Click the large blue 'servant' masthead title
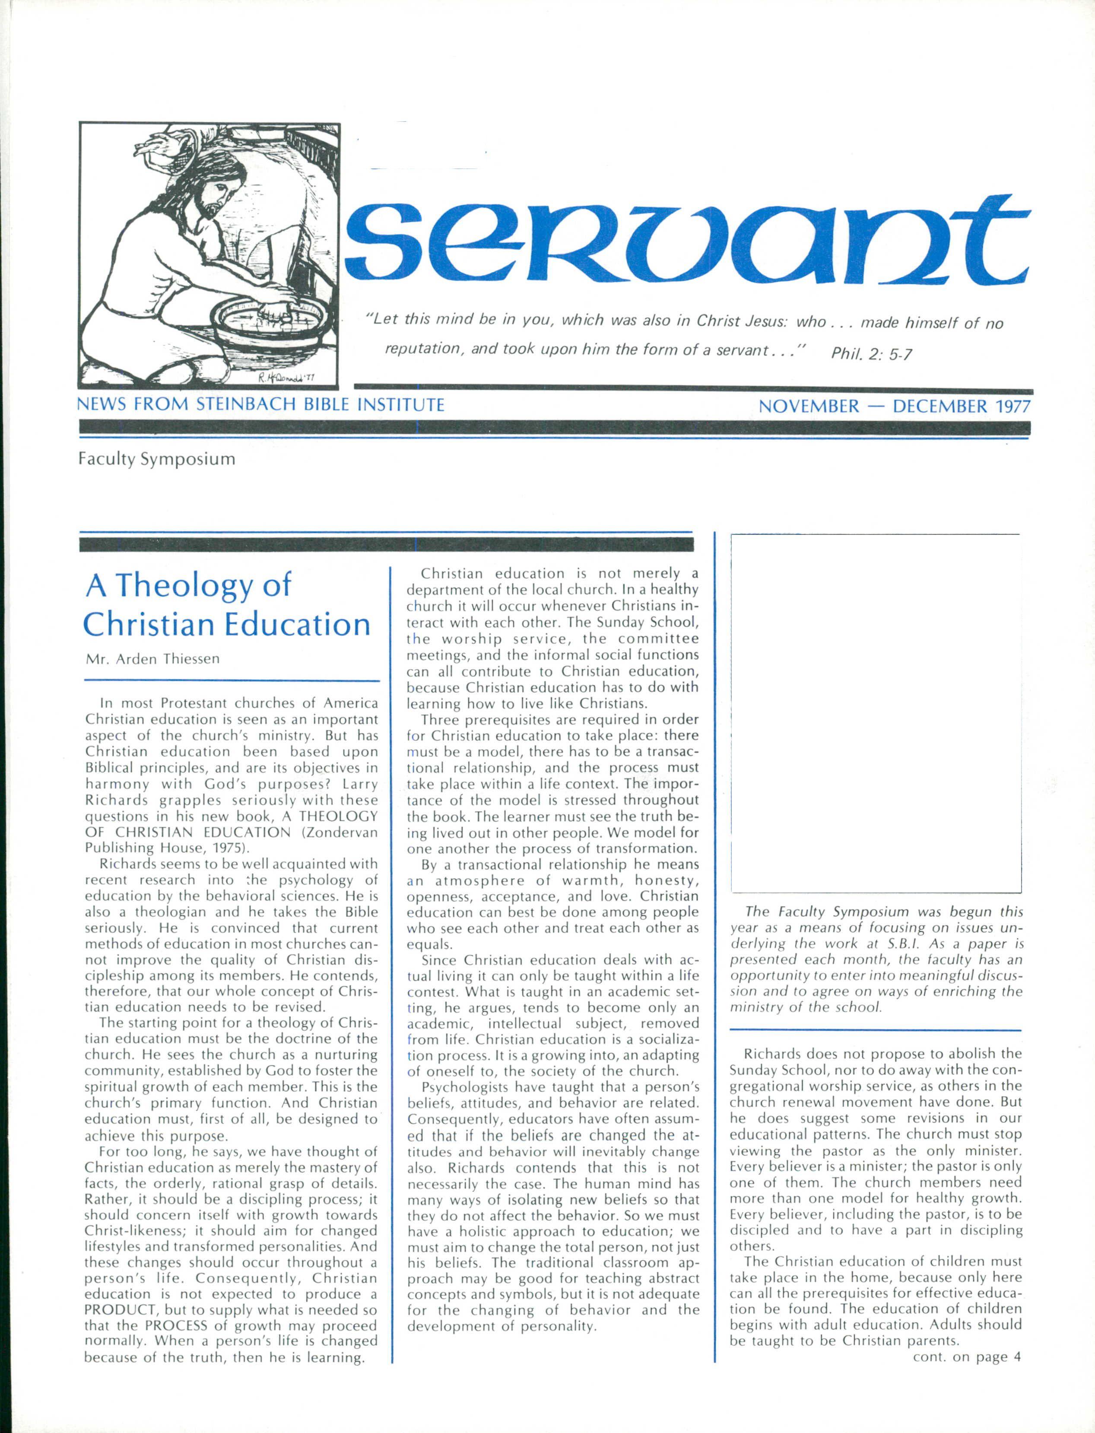(688, 245)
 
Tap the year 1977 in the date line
(1012, 406)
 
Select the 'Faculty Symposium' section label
(156, 459)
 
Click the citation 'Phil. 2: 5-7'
(871, 354)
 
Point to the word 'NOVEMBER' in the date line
(809, 406)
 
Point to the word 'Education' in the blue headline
(298, 625)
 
